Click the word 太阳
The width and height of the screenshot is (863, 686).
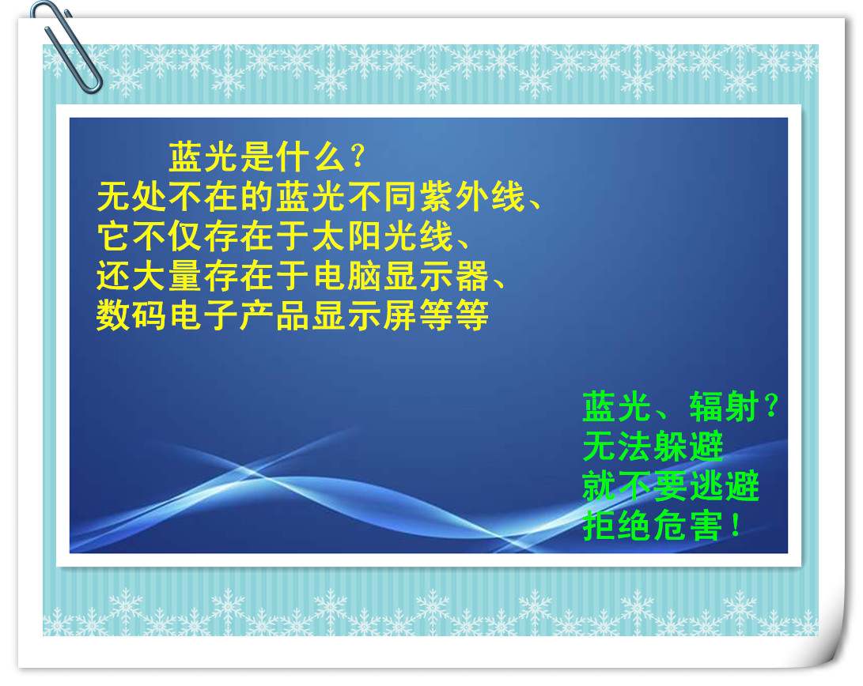[x=346, y=236]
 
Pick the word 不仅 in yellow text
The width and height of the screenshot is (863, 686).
[x=168, y=236]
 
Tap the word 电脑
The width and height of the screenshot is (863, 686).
[x=346, y=276]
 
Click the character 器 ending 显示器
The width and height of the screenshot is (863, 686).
[x=471, y=276]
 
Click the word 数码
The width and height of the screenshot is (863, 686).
[x=131, y=315]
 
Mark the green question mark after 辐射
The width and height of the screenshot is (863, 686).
[x=771, y=407]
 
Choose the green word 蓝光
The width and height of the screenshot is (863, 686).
[x=616, y=407]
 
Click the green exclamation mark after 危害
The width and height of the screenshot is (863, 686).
[x=736, y=526]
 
